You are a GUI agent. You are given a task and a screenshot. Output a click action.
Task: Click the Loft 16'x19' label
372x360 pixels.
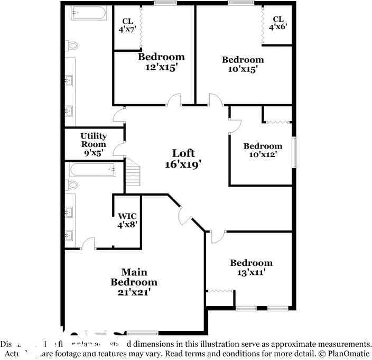click(x=183, y=159)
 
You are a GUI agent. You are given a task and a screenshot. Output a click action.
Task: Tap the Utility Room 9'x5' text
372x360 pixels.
click(x=93, y=144)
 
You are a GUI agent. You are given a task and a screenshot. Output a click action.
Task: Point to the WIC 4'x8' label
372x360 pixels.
click(x=127, y=220)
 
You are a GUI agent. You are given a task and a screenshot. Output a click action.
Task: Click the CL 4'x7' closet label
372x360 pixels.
click(x=127, y=25)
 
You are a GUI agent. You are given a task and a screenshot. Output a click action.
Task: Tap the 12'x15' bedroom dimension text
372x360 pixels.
click(x=161, y=67)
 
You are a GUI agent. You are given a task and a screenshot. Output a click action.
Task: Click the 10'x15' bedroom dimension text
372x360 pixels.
click(x=242, y=69)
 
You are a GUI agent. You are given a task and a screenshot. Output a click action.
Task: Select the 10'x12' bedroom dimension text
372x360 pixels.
click(x=263, y=154)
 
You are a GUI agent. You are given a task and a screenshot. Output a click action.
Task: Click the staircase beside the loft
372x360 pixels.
click(x=133, y=172)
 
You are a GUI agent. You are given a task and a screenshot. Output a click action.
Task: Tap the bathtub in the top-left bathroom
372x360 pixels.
click(x=89, y=13)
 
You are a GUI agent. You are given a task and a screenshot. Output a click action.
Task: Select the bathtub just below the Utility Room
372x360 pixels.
click(x=92, y=170)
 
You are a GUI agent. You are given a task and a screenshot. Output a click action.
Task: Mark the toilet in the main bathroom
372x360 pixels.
click(x=72, y=185)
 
